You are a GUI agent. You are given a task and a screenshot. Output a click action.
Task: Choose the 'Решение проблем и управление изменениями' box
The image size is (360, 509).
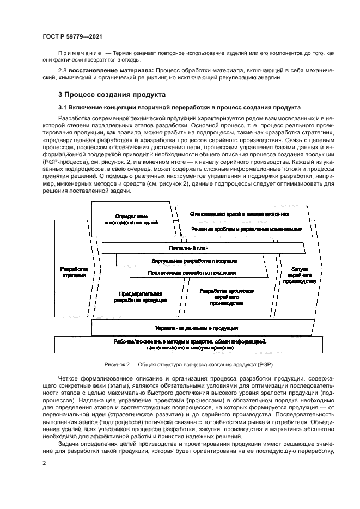[x=247, y=230]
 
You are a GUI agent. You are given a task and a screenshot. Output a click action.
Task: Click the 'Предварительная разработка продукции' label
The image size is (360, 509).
[x=141, y=297]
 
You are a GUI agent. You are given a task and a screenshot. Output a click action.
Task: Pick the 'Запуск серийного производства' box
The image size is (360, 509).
[x=300, y=275]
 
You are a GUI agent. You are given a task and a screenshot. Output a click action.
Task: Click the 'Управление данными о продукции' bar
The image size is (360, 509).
[x=196, y=328]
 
